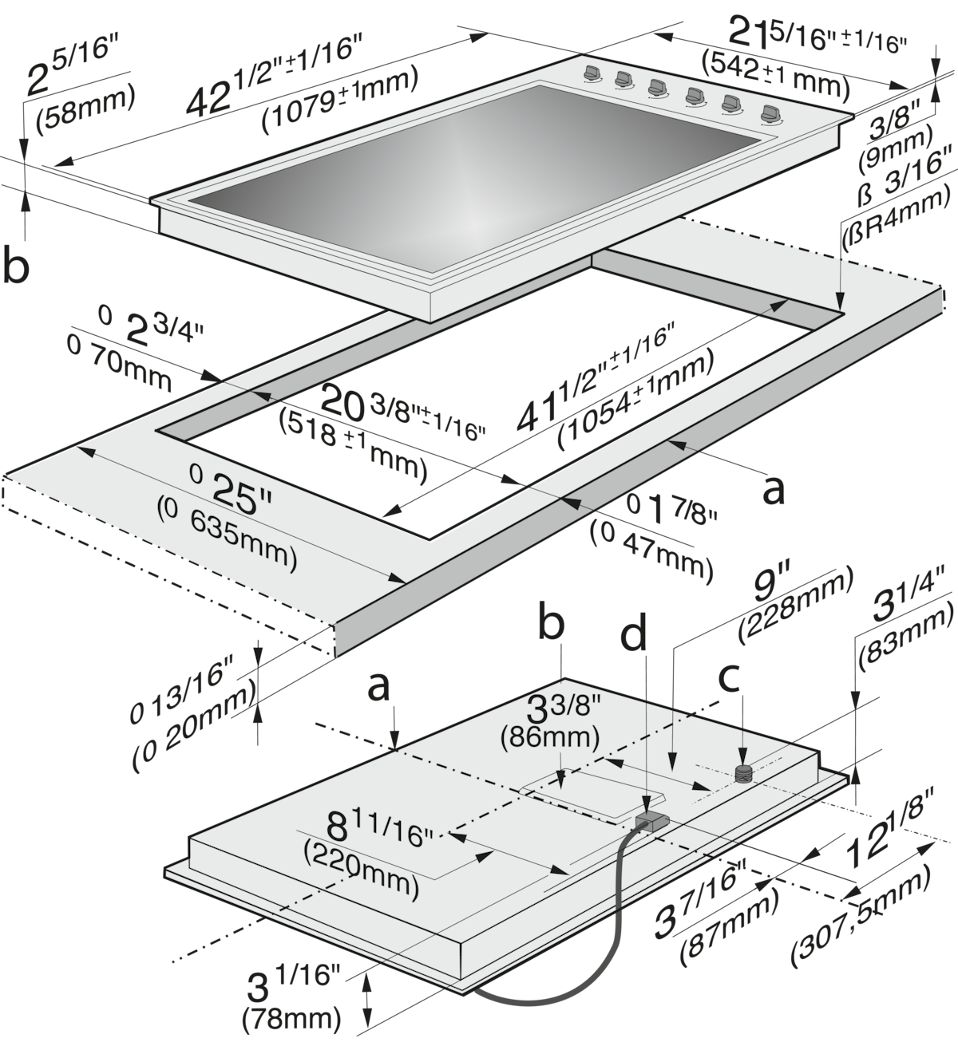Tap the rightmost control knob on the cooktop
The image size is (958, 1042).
(770, 114)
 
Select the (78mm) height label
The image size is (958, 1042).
(291, 1018)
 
